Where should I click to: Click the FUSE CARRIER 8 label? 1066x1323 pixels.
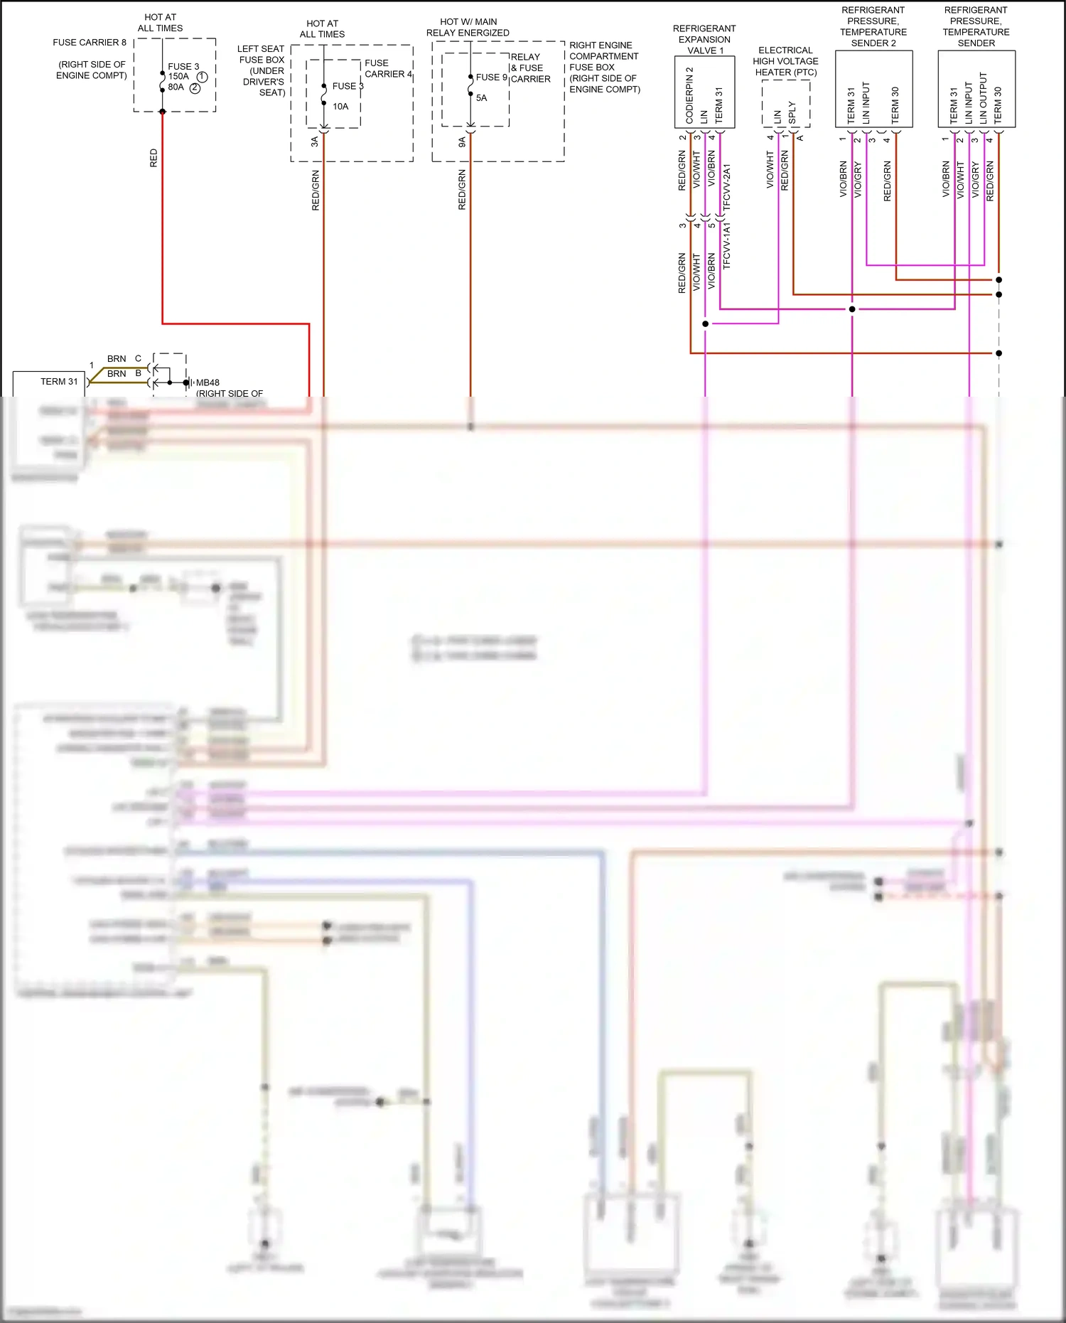90,43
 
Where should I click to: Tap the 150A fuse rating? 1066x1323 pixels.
178,77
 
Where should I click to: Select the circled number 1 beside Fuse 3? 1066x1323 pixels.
202,77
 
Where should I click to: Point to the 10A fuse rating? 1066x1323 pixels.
340,107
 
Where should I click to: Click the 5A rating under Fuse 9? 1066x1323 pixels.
481,98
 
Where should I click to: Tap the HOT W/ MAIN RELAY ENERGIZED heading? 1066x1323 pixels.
468,28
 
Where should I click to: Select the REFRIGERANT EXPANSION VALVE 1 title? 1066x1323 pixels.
704,40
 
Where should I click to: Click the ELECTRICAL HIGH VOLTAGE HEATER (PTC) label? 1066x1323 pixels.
785,61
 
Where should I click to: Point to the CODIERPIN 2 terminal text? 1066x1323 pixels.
689,95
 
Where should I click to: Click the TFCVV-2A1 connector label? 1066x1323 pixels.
726,187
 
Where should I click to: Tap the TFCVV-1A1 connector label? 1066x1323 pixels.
726,245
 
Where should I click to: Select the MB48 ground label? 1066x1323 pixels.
208,382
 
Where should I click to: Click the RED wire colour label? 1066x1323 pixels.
154,158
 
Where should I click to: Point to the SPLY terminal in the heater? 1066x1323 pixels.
792,112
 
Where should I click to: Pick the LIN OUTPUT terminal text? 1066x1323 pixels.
984,98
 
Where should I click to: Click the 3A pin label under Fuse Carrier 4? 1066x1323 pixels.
315,142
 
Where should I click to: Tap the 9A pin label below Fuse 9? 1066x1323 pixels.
462,143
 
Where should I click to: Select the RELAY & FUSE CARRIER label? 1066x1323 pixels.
530,68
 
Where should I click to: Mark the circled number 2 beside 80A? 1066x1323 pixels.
195,88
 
